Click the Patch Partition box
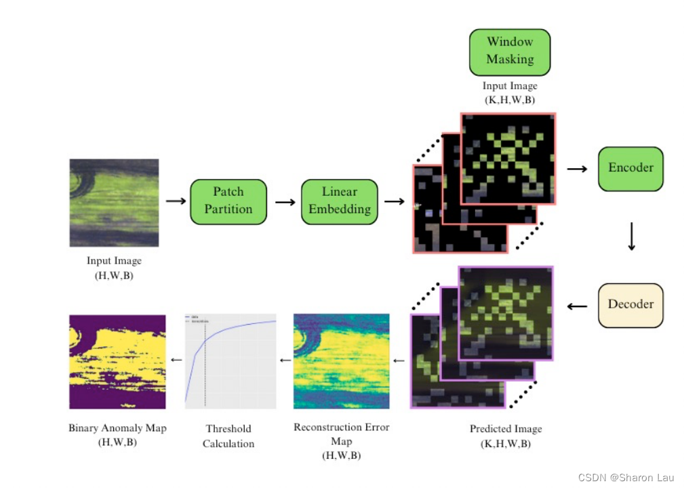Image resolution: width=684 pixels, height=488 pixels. (228, 201)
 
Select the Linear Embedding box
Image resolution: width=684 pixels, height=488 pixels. (340, 201)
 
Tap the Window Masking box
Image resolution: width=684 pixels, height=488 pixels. (510, 52)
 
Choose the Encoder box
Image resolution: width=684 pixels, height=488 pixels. (630, 168)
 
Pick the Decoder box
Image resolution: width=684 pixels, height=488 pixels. (630, 304)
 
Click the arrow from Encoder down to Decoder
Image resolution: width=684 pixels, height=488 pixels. (631, 235)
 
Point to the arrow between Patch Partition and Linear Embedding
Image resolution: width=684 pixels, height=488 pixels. (285, 202)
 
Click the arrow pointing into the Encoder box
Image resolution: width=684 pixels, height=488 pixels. (577, 169)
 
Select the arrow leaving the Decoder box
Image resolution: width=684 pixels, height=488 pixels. (577, 306)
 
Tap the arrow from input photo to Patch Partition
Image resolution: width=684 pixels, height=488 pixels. (175, 201)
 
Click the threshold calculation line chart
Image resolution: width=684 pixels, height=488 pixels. (230, 361)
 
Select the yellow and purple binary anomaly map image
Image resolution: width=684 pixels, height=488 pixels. (117, 361)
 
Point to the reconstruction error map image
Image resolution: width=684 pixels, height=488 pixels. (342, 361)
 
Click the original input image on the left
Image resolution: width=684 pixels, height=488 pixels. (114, 203)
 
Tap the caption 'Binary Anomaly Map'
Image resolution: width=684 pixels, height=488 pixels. (117, 428)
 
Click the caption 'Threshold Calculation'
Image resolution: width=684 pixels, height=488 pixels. (228, 436)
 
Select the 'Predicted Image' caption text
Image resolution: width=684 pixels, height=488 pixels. (506, 429)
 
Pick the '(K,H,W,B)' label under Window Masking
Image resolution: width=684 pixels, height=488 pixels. (510, 100)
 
